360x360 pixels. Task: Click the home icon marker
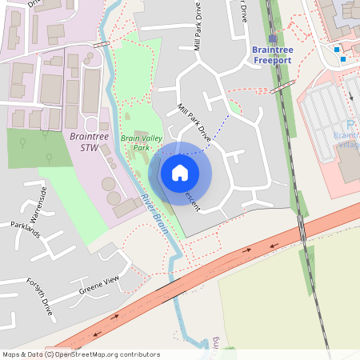click(x=180, y=173)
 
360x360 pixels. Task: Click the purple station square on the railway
click(x=273, y=38)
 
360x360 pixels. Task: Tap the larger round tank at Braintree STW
click(x=109, y=185)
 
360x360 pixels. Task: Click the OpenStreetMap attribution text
click(x=80, y=354)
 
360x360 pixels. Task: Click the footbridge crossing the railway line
click(x=281, y=90)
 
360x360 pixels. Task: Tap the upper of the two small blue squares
click(x=337, y=49)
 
